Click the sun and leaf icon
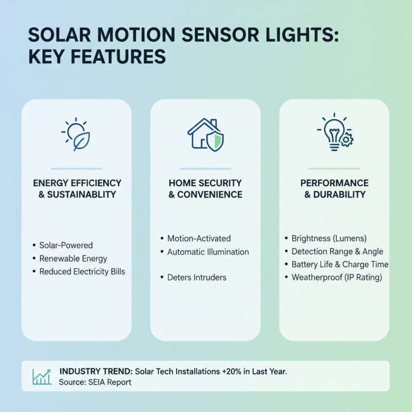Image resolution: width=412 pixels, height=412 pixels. [x=76, y=134]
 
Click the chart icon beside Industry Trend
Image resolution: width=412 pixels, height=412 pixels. [x=41, y=376]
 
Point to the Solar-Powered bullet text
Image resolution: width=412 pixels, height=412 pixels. [x=66, y=245]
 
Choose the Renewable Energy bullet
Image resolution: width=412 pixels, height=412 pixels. [x=73, y=258]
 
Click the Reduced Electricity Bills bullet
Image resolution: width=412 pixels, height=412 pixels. [x=82, y=271]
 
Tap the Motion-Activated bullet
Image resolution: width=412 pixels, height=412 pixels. [x=199, y=238]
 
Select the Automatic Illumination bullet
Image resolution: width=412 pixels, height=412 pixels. [x=208, y=252]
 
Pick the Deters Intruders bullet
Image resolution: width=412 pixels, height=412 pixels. [x=197, y=277]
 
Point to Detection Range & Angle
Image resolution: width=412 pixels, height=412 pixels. [x=337, y=251]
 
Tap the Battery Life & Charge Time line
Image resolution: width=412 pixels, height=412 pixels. [x=340, y=264]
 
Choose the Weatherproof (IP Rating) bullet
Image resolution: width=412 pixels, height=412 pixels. [x=336, y=277]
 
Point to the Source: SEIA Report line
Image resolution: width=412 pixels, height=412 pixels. [x=95, y=382]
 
